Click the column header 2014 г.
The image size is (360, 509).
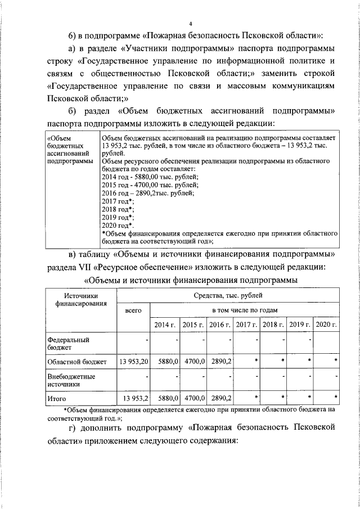(x=164, y=325)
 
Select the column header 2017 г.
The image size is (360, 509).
(x=246, y=325)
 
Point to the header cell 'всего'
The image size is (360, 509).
(x=133, y=310)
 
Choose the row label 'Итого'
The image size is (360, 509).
(x=57, y=398)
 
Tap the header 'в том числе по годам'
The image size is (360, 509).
(x=245, y=310)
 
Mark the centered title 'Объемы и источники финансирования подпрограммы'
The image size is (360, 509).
(x=191, y=279)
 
